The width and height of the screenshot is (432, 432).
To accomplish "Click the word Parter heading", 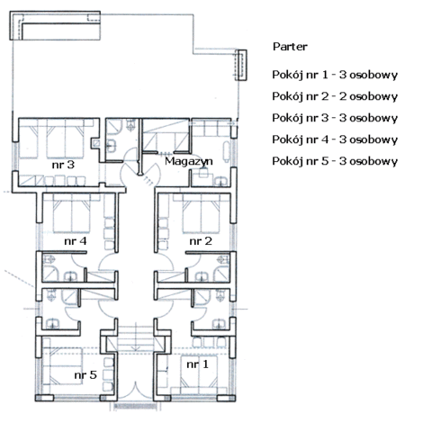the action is pos(290,47).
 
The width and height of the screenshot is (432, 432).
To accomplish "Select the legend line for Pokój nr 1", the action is pos(335,75).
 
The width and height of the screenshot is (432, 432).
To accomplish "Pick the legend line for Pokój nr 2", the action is pos(335,96).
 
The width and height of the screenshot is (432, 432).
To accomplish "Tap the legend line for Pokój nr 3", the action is pos(335,118).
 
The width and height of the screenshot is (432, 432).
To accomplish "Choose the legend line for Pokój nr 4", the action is pos(335,139).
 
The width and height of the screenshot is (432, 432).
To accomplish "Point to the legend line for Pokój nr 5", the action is pos(335,161).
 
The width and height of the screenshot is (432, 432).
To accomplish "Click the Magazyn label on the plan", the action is pos(189,162).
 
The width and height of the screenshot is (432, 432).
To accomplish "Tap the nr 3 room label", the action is pos(63,165).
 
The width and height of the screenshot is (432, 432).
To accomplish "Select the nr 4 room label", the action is pos(76,241).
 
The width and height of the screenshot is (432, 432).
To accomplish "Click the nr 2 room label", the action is pos(201,241).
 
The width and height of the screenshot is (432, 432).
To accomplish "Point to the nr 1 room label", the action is pos(197,364).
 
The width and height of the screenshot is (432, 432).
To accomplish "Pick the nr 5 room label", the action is pos(85,374).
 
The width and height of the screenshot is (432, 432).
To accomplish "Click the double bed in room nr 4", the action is pos(72,213).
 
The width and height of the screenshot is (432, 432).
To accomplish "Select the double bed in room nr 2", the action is pos(202,213).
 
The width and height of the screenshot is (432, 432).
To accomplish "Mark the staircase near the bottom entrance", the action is pos(136,338).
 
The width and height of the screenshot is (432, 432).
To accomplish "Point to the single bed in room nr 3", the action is pos(29,139).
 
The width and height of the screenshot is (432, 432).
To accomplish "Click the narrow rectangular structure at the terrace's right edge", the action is pos(240,65).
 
